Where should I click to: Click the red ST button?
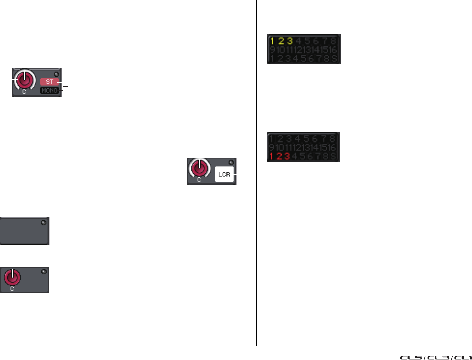click(50, 82)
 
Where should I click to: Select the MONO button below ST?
click(50, 90)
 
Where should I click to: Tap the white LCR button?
click(224, 174)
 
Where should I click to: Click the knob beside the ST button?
click(24, 79)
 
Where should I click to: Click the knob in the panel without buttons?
click(12, 277)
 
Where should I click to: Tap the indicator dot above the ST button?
click(57, 74)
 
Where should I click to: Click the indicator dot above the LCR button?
click(231, 163)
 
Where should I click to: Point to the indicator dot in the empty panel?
click(43, 223)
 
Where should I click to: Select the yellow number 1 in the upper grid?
click(272, 41)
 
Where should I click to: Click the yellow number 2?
click(281, 41)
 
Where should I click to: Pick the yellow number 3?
click(290, 41)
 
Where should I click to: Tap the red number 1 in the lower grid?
click(271, 156)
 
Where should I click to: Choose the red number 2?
click(279, 156)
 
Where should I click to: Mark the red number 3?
click(287, 156)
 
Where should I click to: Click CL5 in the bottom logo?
click(411, 357)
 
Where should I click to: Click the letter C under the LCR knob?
click(199, 180)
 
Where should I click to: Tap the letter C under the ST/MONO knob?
click(24, 92)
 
